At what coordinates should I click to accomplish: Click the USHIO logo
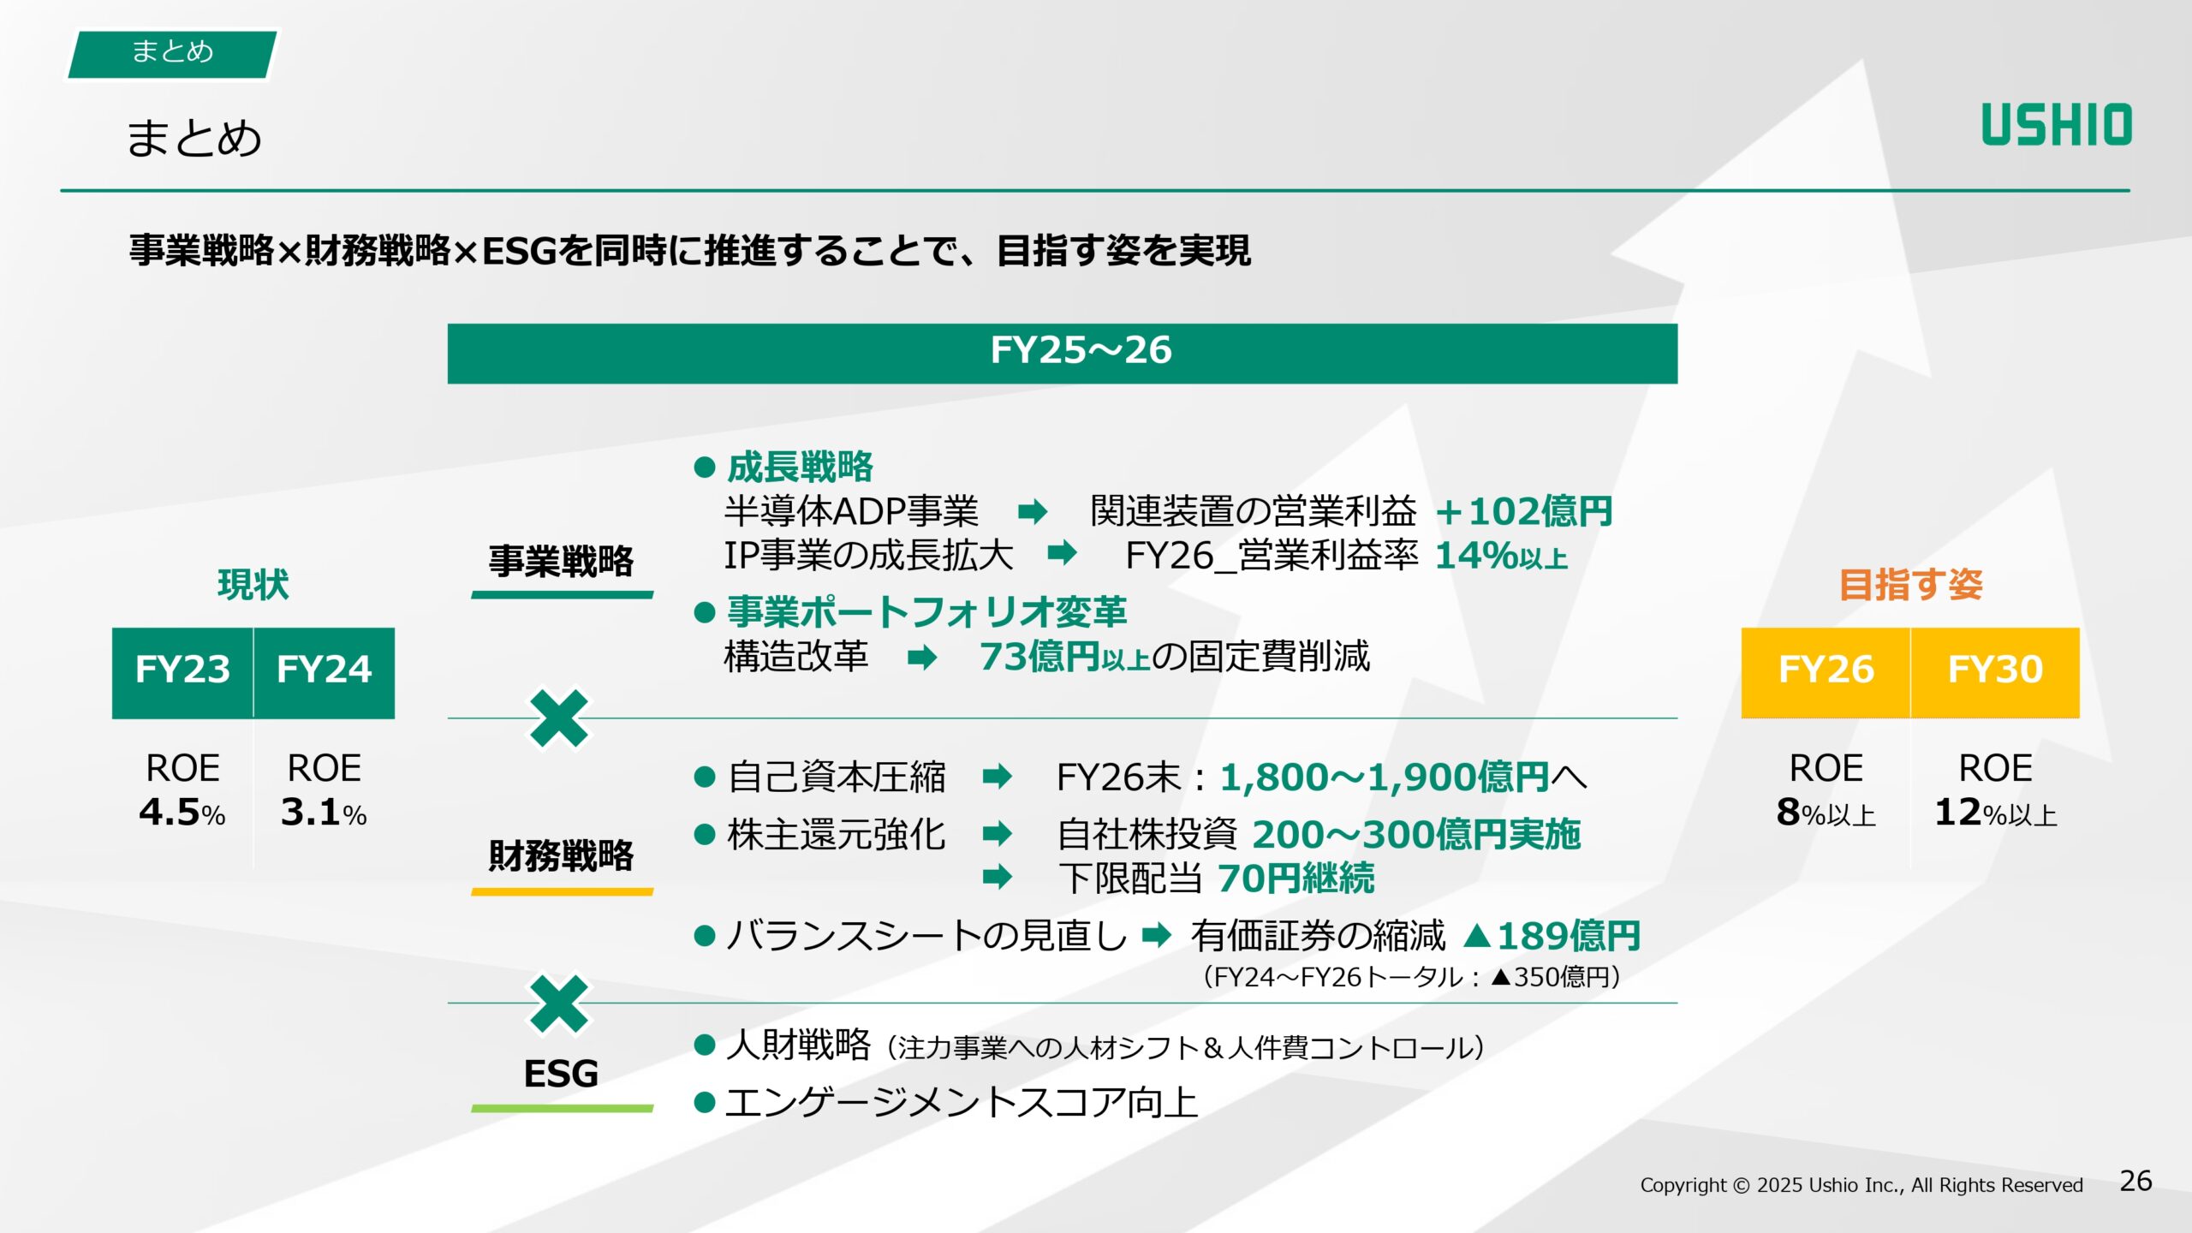(2056, 125)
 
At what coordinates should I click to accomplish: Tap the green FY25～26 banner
(1062, 353)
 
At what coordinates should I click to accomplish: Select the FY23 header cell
(182, 670)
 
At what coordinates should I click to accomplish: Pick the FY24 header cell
(324, 670)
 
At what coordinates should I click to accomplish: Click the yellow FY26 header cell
(1826, 670)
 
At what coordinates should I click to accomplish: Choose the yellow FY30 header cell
(1995, 670)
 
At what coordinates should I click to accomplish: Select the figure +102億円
(1524, 512)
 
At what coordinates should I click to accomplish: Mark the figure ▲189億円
(1552, 936)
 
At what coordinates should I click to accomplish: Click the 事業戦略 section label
(561, 562)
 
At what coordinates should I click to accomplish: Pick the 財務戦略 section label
(561, 855)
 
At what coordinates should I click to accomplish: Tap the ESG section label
(561, 1074)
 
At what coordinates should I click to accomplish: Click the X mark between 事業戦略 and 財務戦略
(559, 719)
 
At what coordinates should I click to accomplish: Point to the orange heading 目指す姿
(1910, 585)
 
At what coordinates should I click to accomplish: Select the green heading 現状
(253, 585)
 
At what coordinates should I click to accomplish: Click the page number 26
(2135, 1181)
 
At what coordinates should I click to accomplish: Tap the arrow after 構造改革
(922, 658)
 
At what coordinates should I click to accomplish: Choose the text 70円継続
(1296, 879)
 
